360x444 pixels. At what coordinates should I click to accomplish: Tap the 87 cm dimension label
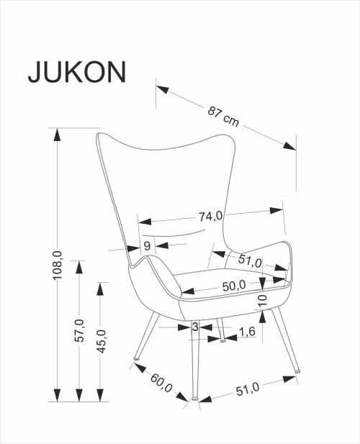click(x=223, y=116)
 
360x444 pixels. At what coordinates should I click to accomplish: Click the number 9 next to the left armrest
click(x=146, y=246)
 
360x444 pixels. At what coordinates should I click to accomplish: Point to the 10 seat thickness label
click(x=263, y=300)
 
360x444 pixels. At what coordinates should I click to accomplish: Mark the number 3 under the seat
click(x=195, y=327)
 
